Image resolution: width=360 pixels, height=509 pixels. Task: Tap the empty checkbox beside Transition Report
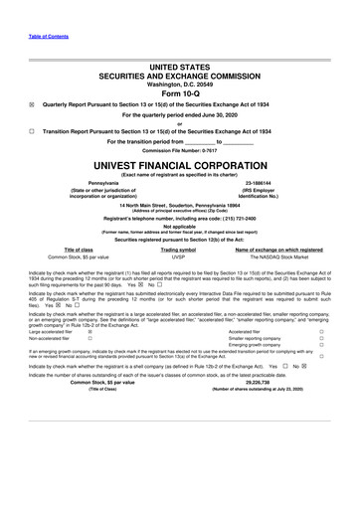pyautogui.click(x=32, y=131)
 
